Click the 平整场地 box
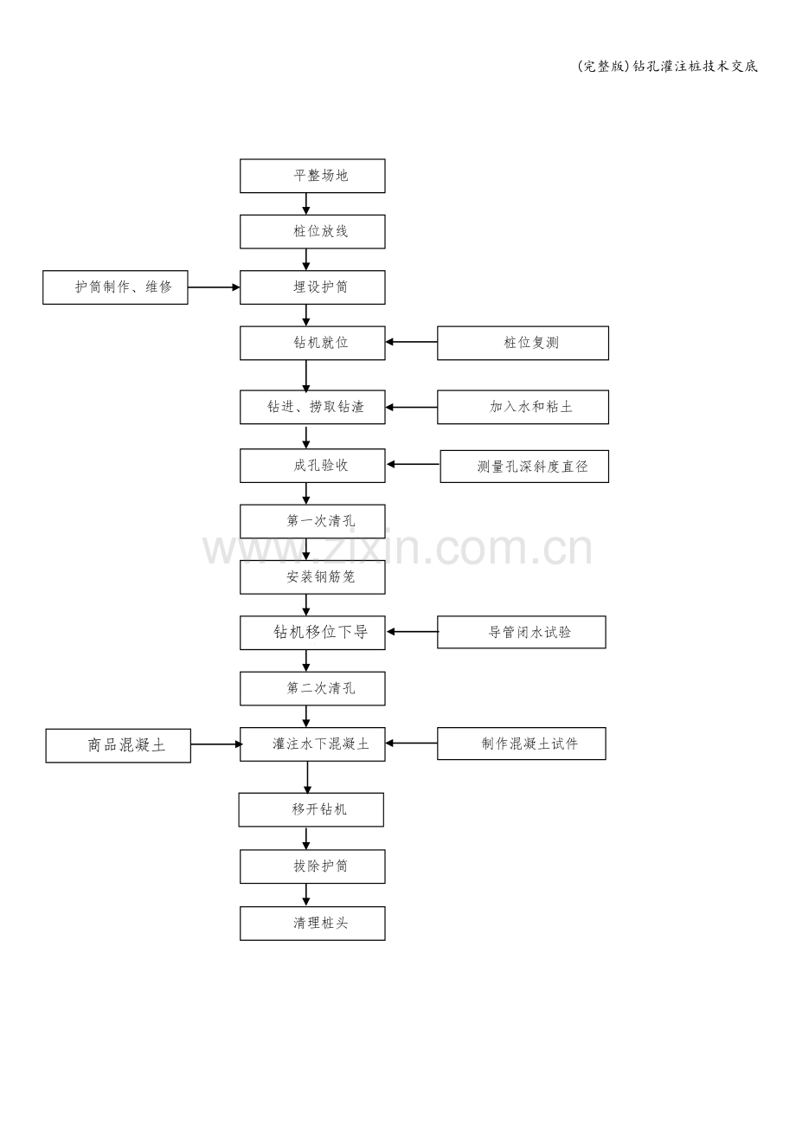(312, 176)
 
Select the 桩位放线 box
(312, 231)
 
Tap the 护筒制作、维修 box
(115, 287)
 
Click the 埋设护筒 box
(312, 287)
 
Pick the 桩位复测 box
(523, 343)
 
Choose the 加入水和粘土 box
(523, 407)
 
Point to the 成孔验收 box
(312, 466)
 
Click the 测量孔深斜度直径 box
(524, 466)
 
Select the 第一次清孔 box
(312, 521)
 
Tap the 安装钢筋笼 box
(312, 577)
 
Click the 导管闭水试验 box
(522, 632)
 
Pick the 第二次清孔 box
(312, 688)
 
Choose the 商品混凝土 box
(119, 745)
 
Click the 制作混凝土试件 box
(522, 744)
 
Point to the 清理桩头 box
(312, 924)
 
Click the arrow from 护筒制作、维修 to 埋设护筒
(214, 287)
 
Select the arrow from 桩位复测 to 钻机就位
(411, 342)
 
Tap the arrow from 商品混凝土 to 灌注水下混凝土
(216, 744)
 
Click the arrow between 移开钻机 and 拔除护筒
(306, 838)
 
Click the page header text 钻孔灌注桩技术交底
(695, 67)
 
